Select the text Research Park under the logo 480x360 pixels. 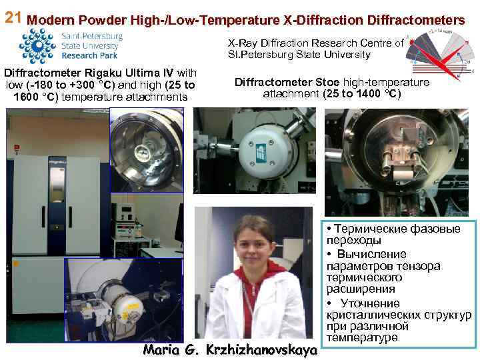click(89, 57)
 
